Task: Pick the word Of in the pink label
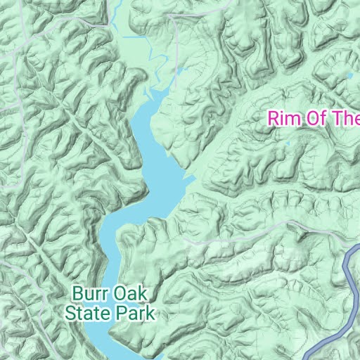coord(319,117)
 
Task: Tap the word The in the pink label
coord(347,117)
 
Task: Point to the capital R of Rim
coord(273,117)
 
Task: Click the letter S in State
coord(70,311)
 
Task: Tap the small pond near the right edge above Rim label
coord(349,75)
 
